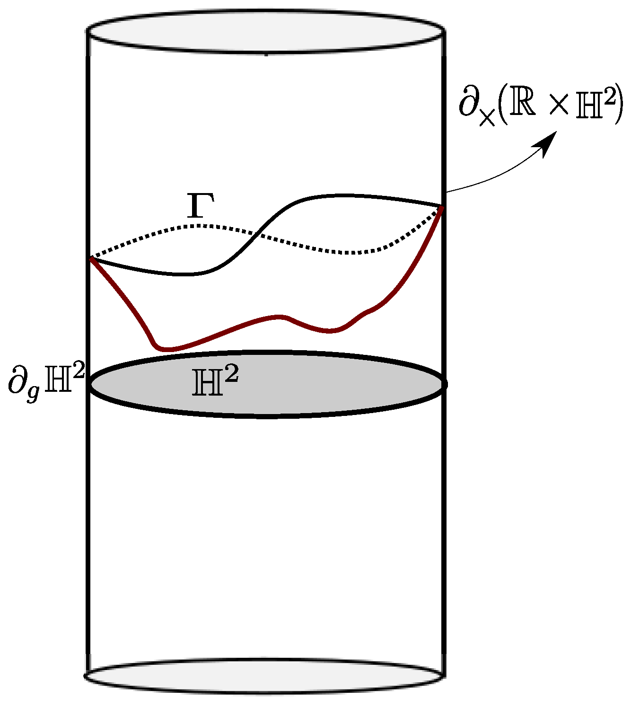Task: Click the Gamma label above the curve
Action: coord(201,207)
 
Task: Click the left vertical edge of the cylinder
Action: coord(88,521)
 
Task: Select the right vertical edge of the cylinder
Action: coord(443,521)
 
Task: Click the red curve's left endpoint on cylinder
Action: coord(92,259)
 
